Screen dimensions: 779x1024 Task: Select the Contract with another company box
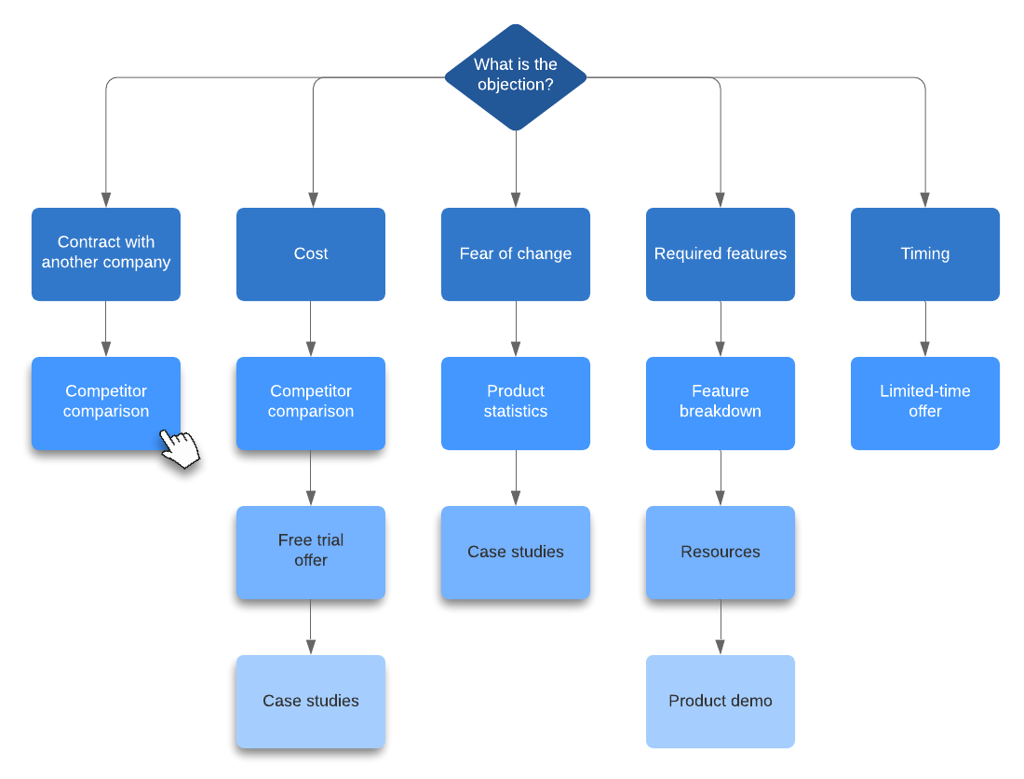(106, 253)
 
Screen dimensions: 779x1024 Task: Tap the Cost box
(311, 253)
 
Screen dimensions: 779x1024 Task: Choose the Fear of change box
(516, 253)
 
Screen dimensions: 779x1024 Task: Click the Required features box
(721, 253)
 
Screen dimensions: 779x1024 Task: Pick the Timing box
(925, 253)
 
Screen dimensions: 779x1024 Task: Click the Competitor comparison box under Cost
(311, 403)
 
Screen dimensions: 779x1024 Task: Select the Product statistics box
(516, 403)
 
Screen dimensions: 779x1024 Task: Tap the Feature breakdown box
(721, 403)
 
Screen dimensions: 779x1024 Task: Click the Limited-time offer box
(925, 403)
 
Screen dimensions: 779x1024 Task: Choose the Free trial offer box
(311, 552)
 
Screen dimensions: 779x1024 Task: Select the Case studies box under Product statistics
(516, 552)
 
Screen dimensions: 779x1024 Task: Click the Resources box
(721, 552)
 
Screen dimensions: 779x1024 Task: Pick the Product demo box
(721, 701)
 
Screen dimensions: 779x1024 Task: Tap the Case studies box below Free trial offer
(311, 701)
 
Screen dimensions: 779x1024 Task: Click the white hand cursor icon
(181, 447)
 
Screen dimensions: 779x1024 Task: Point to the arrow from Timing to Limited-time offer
(925, 329)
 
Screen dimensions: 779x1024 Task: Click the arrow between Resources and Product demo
(721, 627)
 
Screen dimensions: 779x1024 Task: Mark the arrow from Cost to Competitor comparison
(311, 329)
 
